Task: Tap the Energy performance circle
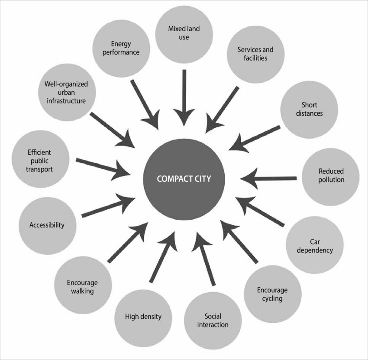click(121, 49)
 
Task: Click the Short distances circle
click(309, 109)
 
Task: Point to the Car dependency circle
click(315, 246)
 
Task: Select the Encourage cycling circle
click(272, 294)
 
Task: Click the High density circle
click(143, 317)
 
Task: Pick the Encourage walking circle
click(83, 285)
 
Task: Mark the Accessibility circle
click(47, 225)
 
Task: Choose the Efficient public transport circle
click(39, 160)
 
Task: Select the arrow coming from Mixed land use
click(184, 97)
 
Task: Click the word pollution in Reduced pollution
click(331, 180)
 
